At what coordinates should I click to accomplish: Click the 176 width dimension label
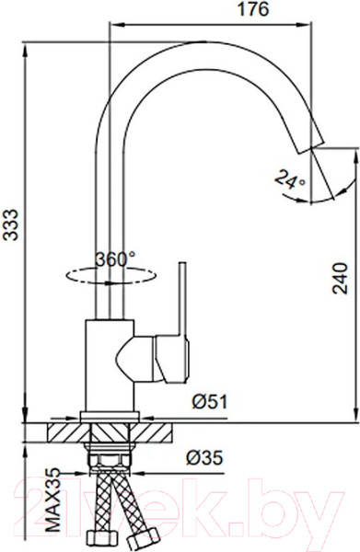coord(253,9)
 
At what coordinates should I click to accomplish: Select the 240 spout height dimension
coord(340,278)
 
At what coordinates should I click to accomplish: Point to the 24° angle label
coord(290,179)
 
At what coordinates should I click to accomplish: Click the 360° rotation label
coord(115,259)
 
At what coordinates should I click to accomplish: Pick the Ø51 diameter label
coord(210,401)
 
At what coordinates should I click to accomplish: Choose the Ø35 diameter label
coord(204,457)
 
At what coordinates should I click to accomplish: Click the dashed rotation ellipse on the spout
coord(111,276)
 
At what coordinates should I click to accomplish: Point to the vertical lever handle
coord(182,298)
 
